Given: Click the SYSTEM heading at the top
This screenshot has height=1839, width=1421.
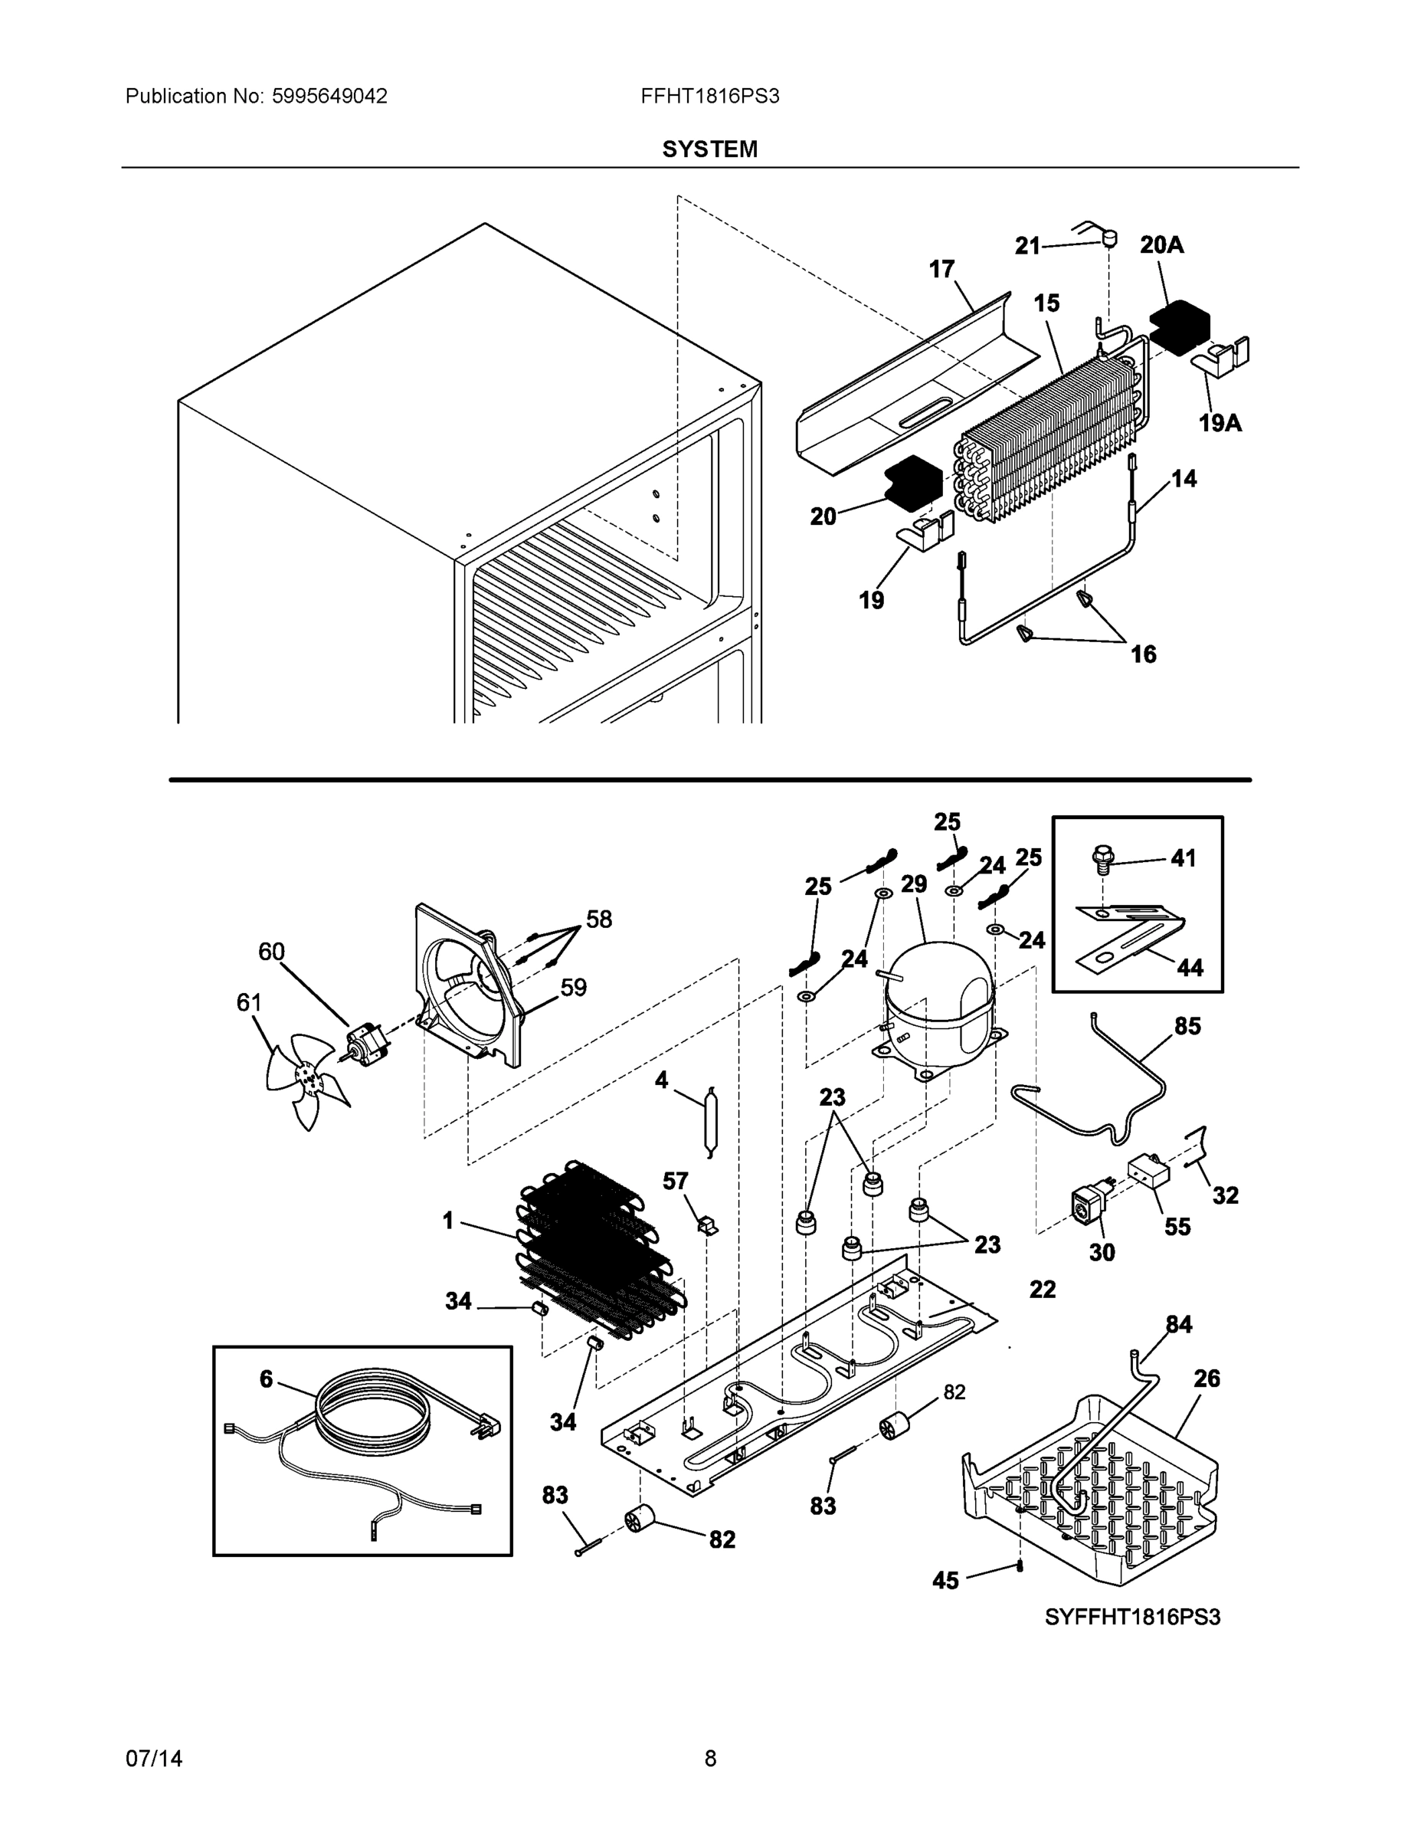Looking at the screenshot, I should (709, 149).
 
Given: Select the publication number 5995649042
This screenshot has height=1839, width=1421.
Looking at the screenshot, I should (329, 96).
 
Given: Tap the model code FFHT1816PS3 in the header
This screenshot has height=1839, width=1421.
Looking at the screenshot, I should (709, 96).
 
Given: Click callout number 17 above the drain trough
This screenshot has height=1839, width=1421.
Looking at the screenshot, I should (941, 269).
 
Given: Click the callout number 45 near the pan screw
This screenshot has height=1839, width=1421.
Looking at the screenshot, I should (945, 1581).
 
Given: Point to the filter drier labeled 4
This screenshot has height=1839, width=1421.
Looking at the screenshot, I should (709, 1121).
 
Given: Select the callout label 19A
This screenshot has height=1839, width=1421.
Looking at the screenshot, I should (1220, 423).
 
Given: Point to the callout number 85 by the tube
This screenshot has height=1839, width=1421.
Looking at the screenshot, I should (1187, 1025).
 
